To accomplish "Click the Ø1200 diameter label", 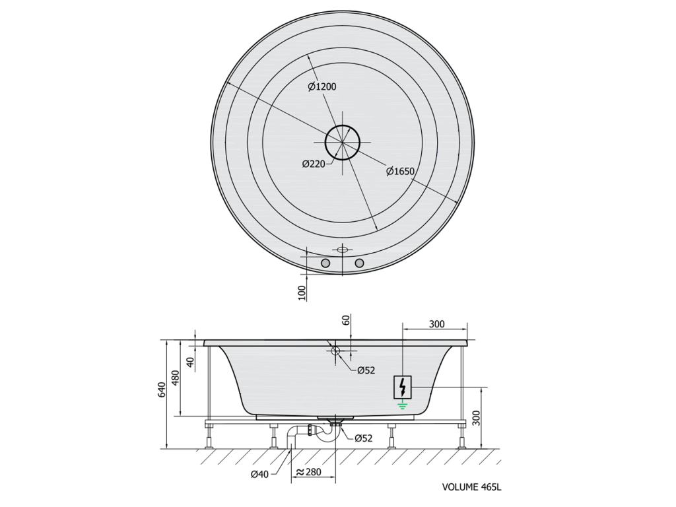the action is (322, 86).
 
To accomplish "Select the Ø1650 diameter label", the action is (401, 171).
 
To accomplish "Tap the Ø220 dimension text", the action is (314, 164).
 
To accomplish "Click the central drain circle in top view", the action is (343, 143).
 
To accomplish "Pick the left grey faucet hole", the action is (325, 263).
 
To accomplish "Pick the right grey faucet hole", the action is (359, 263).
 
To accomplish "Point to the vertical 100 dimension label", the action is (302, 292).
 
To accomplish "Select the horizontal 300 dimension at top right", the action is (437, 323).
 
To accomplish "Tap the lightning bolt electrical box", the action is (403, 387).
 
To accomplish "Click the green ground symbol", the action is (403, 404).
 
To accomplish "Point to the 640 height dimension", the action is (162, 389).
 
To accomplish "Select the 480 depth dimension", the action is (176, 378).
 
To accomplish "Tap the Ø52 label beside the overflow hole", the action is (366, 370).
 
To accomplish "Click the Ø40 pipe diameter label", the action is (259, 474).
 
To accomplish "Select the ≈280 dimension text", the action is (308, 472).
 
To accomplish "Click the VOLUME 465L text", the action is (471, 487).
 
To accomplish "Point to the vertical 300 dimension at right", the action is (476, 418).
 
